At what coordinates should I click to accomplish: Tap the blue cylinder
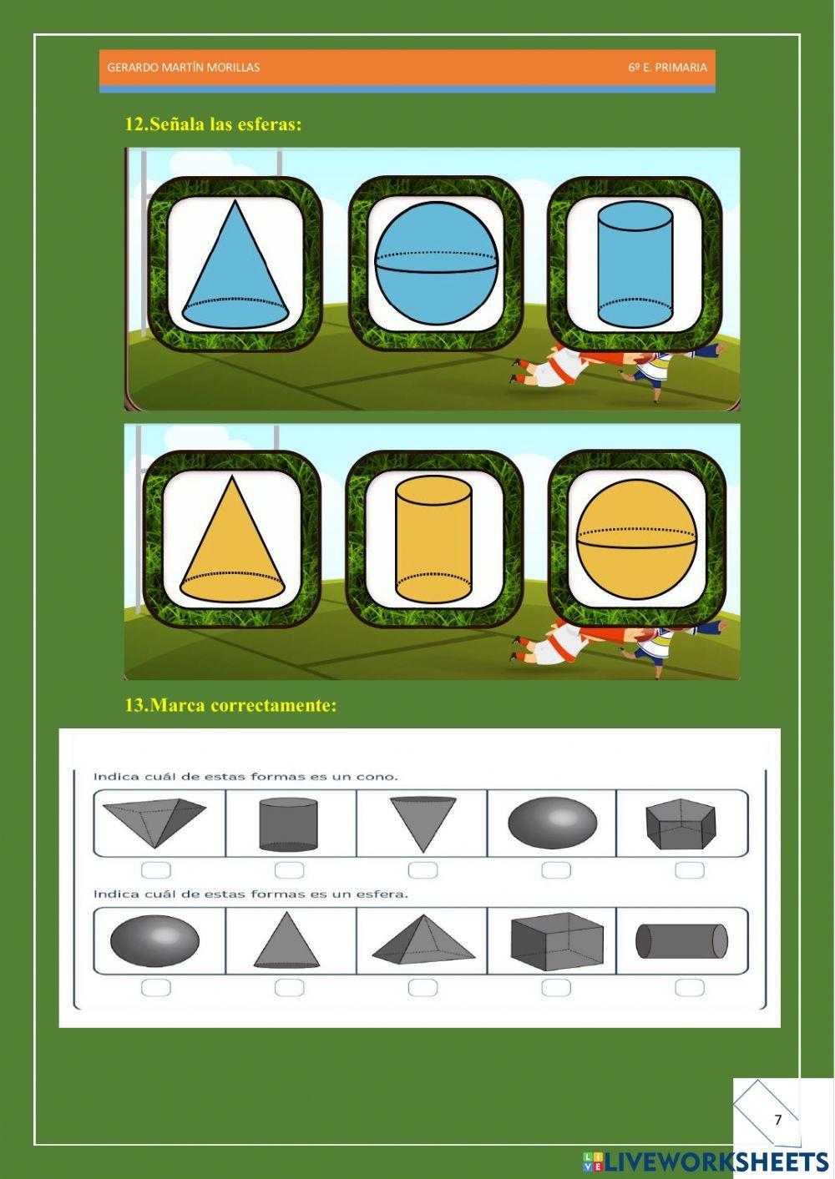tap(635, 265)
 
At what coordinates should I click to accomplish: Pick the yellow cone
tap(231, 541)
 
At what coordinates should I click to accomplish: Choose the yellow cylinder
tap(433, 540)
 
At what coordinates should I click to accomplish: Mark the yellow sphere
tap(636, 538)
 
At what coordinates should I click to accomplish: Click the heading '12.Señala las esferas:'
tap(213, 124)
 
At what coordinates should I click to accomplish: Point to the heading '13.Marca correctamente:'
tap(230, 705)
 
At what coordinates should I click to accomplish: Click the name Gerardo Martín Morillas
tap(183, 68)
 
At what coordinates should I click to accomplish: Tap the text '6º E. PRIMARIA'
tap(667, 68)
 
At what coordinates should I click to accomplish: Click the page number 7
tap(778, 1120)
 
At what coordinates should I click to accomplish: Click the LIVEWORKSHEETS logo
tap(706, 1161)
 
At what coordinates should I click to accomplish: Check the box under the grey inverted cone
tap(423, 870)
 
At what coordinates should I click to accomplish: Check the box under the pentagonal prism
tap(689, 870)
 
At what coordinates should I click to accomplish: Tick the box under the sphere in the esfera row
tap(156, 988)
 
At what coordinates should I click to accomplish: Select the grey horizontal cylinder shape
tap(681, 941)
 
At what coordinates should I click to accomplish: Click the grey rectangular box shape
tap(556, 941)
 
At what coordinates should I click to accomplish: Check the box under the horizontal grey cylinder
tap(689, 988)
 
